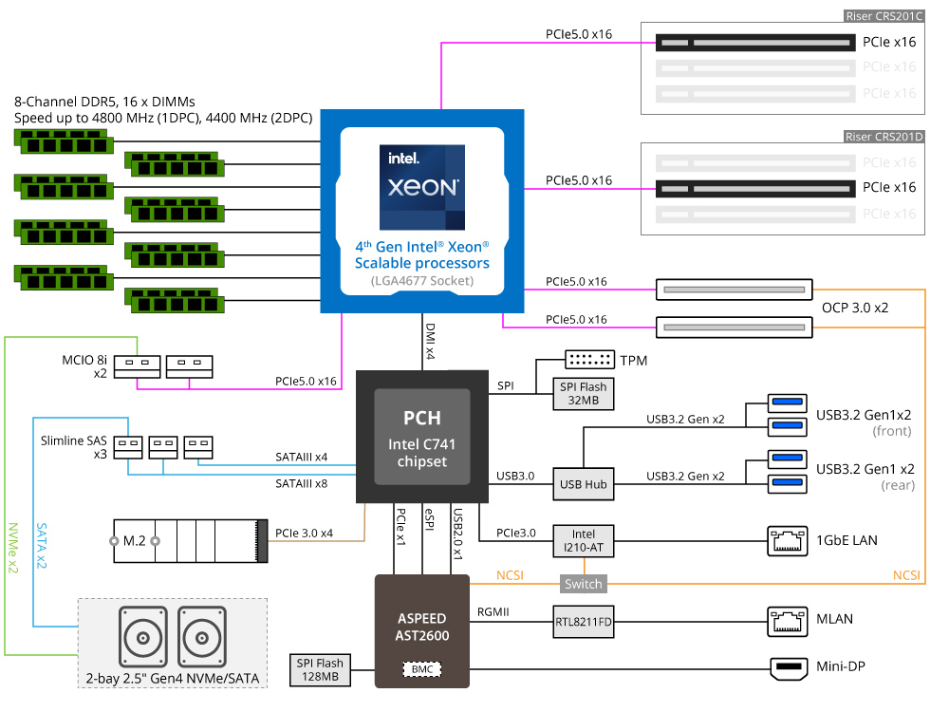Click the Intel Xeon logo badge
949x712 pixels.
pyautogui.click(x=422, y=187)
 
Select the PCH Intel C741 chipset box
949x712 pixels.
pyautogui.click(x=422, y=437)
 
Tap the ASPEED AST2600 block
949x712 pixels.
pyautogui.click(x=422, y=631)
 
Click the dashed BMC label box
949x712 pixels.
pyautogui.click(x=422, y=669)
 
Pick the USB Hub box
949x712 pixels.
pyautogui.click(x=583, y=484)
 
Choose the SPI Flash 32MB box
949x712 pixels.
pyautogui.click(x=583, y=394)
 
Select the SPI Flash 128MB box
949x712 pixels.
pyautogui.click(x=320, y=669)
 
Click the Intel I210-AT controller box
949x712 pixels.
pyautogui.click(x=584, y=541)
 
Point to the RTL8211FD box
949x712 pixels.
pyautogui.click(x=584, y=621)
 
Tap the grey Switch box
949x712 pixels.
pyautogui.click(x=584, y=584)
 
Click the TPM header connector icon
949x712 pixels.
pyautogui.click(x=589, y=359)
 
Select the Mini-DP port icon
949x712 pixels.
pyautogui.click(x=789, y=668)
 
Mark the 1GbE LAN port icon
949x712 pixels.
pyautogui.click(x=788, y=541)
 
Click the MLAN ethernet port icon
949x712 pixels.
pyautogui.click(x=788, y=622)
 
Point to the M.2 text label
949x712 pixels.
pyautogui.click(x=135, y=541)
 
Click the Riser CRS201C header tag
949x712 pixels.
pyautogui.click(x=884, y=16)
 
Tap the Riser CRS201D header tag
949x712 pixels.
pyautogui.click(x=884, y=137)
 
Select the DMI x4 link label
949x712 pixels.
pyautogui.click(x=430, y=342)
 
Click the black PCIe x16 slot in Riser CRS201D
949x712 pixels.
pyautogui.click(x=756, y=188)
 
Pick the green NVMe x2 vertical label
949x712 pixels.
pyautogui.click(x=12, y=548)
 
